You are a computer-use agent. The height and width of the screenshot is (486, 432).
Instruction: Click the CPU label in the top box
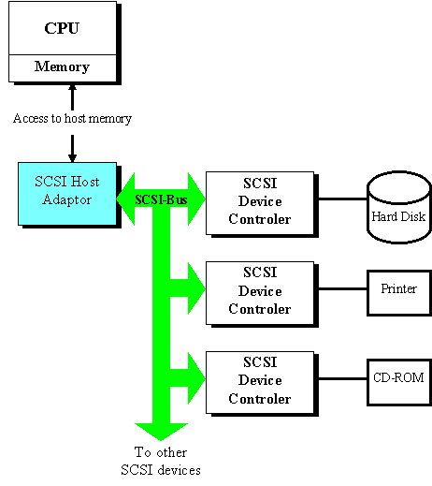(x=62, y=28)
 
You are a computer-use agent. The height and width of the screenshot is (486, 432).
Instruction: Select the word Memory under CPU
(x=62, y=66)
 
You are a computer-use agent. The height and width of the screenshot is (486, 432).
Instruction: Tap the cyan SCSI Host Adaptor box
(x=67, y=194)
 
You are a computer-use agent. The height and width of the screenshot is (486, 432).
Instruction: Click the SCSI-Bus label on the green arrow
(x=161, y=199)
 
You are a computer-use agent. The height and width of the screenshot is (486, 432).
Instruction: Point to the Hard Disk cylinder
(x=399, y=207)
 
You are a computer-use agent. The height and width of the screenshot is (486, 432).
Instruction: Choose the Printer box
(x=399, y=293)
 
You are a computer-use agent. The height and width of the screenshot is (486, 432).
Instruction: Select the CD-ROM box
(x=399, y=382)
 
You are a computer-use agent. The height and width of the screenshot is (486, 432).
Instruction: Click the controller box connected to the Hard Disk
(x=260, y=203)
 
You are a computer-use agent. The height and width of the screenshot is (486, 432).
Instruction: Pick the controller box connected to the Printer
(x=260, y=293)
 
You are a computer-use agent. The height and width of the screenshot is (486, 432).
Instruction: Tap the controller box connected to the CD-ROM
(x=260, y=383)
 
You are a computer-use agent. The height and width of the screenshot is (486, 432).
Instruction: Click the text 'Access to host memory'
(x=72, y=119)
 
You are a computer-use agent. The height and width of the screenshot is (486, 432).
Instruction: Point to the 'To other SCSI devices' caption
(x=161, y=461)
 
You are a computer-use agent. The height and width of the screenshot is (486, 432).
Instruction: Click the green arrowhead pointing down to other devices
(x=161, y=432)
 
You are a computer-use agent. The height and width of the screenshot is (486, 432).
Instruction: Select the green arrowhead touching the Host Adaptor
(x=125, y=199)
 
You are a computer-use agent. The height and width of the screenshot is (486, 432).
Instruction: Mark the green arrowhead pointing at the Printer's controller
(x=196, y=288)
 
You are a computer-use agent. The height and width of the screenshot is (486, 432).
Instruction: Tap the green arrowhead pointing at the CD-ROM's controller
(x=196, y=378)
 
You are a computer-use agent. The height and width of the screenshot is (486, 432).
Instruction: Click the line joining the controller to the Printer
(x=343, y=288)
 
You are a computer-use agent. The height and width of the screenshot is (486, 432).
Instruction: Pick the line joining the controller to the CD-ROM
(x=343, y=378)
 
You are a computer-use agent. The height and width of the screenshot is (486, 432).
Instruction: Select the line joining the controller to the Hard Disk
(x=343, y=199)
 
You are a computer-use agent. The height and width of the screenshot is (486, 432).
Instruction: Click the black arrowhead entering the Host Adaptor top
(x=72, y=158)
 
